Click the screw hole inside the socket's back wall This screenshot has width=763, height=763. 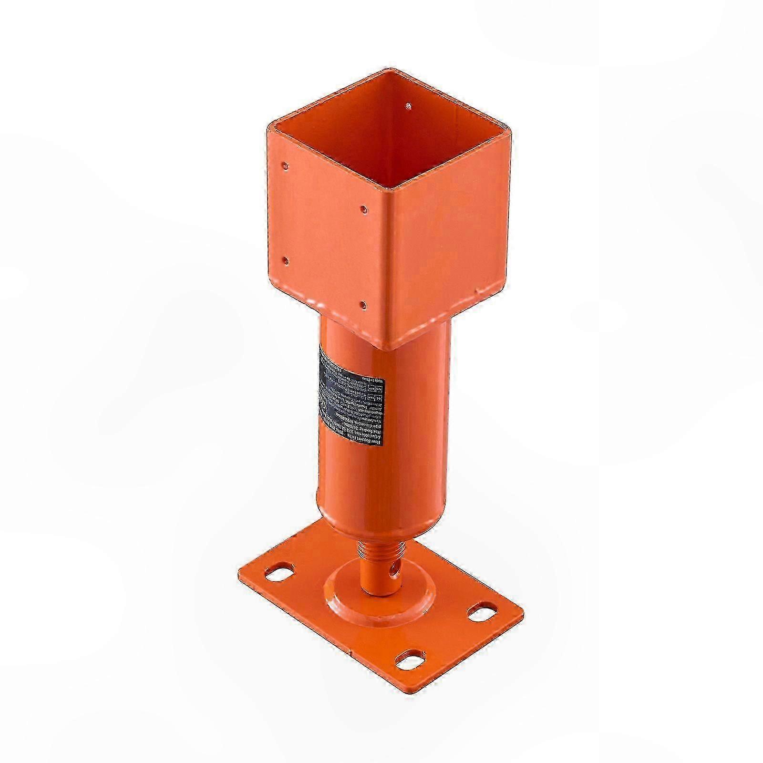click(408, 104)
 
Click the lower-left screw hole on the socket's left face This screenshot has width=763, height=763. click(285, 260)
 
